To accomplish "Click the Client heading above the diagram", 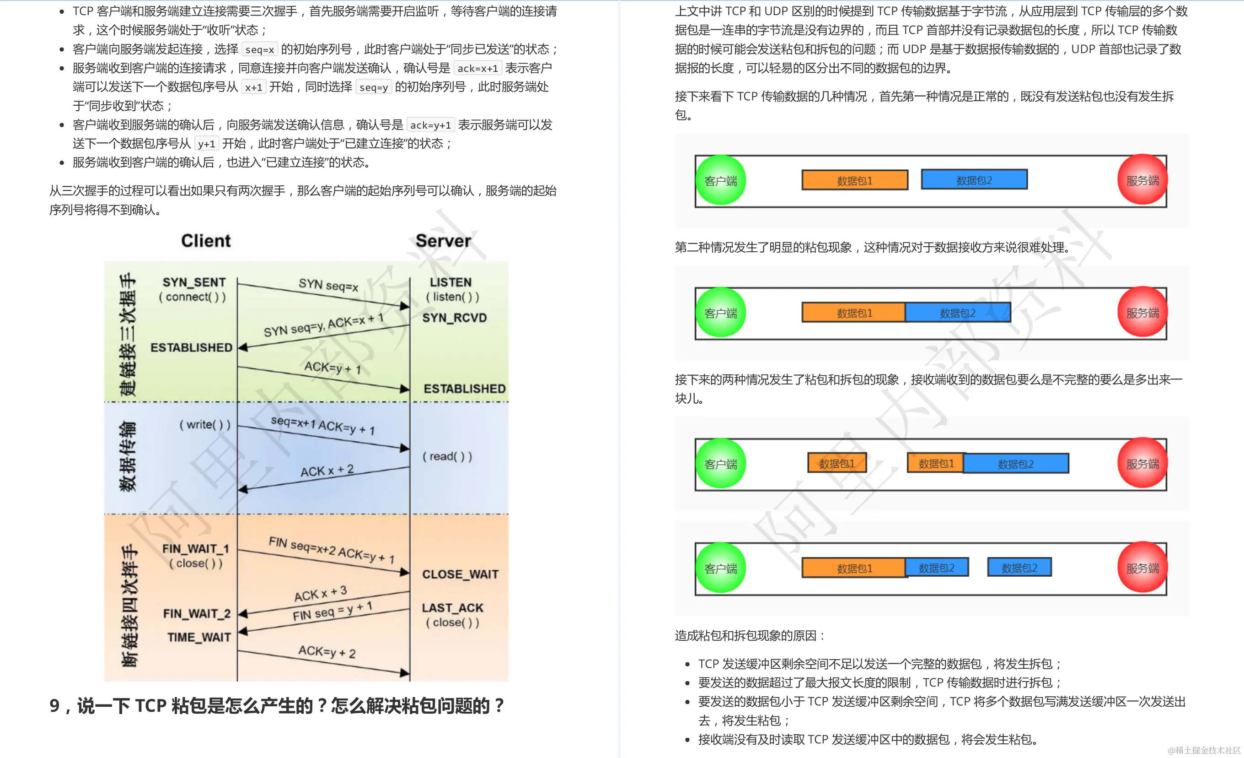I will point(205,241).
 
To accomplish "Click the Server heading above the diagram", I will point(443,241).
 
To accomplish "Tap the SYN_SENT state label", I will point(194,282).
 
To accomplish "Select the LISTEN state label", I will point(450,282).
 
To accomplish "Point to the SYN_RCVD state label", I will point(455,318).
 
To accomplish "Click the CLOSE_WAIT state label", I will point(460,574).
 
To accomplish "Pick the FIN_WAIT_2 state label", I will point(196,614).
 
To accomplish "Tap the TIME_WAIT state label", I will point(199,638).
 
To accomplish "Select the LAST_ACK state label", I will point(452,608).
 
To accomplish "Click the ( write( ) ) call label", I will point(204,425).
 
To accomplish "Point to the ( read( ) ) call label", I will point(447,457).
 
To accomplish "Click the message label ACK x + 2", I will point(327,471).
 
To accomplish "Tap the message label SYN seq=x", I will point(328,286).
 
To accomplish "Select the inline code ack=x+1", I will point(477,68).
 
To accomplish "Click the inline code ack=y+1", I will point(430,125).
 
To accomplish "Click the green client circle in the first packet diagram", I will point(720,180).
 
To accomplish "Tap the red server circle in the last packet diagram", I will point(1142,568).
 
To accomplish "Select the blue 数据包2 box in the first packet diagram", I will point(974,180).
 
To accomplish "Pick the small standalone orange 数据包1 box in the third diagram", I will point(836,463).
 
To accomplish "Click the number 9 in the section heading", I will point(54,706).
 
